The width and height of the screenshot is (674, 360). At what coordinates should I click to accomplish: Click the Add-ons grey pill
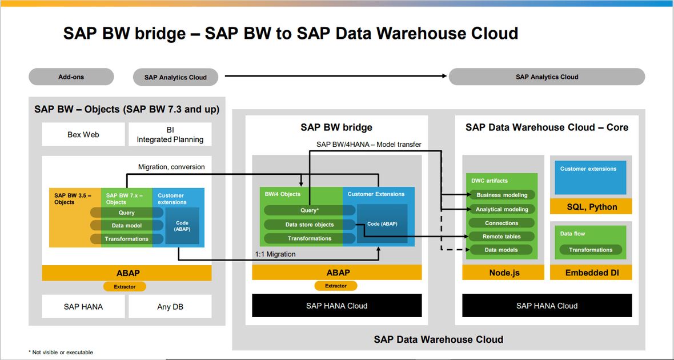click(71, 77)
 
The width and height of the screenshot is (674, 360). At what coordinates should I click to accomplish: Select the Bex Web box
click(83, 135)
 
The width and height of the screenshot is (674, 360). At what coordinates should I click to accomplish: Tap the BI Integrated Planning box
click(170, 135)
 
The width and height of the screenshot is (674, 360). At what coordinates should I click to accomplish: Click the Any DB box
click(170, 307)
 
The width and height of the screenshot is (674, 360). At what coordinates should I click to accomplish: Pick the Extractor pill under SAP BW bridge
click(336, 286)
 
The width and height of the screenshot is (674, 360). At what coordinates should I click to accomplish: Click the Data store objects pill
click(310, 225)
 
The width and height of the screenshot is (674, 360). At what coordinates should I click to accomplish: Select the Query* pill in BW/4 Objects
click(310, 210)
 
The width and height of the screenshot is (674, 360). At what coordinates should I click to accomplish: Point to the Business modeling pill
click(502, 195)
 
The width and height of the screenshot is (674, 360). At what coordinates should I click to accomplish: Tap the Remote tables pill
click(502, 236)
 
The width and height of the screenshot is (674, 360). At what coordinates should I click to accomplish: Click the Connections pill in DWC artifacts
click(502, 223)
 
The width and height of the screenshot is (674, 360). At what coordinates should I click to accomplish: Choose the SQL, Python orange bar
click(591, 207)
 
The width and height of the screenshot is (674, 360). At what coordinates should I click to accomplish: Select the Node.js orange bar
click(503, 273)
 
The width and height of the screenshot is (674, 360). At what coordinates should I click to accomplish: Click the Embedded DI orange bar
click(591, 273)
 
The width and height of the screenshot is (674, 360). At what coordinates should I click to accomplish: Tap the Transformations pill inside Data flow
click(591, 250)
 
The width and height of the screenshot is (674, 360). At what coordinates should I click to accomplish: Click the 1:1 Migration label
click(275, 254)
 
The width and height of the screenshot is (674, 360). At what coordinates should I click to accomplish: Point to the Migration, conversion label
click(171, 166)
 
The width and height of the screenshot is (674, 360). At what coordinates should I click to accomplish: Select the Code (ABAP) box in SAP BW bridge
click(382, 224)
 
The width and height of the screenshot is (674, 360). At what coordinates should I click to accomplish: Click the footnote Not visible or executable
click(61, 352)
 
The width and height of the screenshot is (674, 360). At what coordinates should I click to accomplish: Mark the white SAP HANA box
click(83, 307)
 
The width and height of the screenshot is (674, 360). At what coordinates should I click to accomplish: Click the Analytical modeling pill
click(502, 209)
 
